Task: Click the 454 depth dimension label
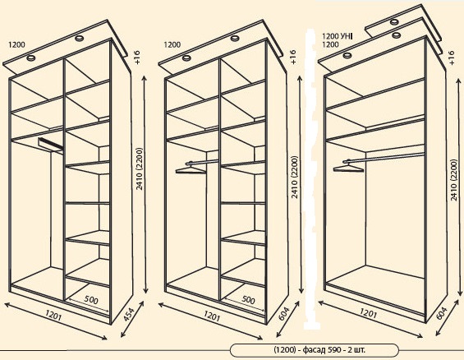pyautogui.click(x=128, y=316)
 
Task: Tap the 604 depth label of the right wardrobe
pyautogui.click(x=442, y=313)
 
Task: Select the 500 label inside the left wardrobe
pyautogui.click(x=91, y=300)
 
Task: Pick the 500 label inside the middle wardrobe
pyautogui.click(x=248, y=300)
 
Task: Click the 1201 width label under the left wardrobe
pyautogui.click(x=54, y=316)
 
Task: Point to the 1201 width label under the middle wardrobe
pyautogui.click(x=212, y=316)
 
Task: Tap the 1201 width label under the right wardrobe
pyautogui.click(x=369, y=313)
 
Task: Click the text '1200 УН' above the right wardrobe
pyautogui.click(x=337, y=36)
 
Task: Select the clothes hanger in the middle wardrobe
pyautogui.click(x=190, y=169)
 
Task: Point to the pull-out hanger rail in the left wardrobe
pyautogui.click(x=50, y=144)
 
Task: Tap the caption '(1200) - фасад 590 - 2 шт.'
pyautogui.click(x=319, y=350)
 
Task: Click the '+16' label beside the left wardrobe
pyautogui.click(x=137, y=58)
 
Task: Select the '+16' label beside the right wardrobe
pyautogui.click(x=451, y=58)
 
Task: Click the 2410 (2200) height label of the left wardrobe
pyautogui.click(x=140, y=168)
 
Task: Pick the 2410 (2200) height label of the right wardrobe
pyautogui.click(x=453, y=180)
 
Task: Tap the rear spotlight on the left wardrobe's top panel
pyautogui.click(x=79, y=38)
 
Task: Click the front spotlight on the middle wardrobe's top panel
pyautogui.click(x=186, y=58)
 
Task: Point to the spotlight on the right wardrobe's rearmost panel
pyautogui.click(x=394, y=21)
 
